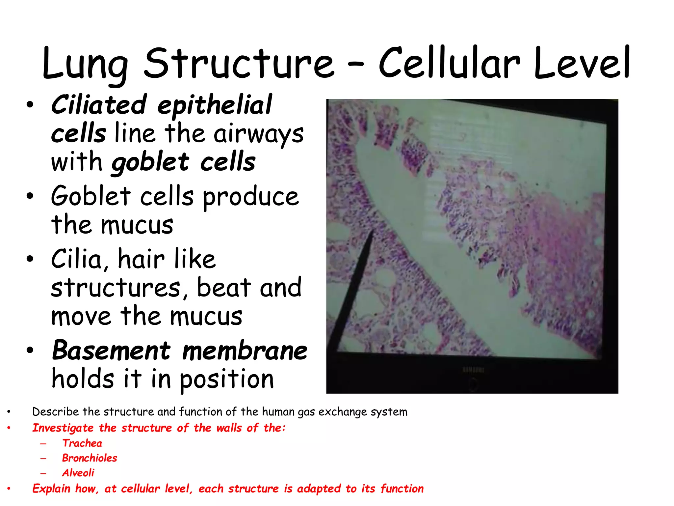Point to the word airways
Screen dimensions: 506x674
click(258, 134)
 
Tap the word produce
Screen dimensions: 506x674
click(251, 197)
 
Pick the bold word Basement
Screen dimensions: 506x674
click(111, 351)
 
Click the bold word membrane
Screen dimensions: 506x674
click(245, 351)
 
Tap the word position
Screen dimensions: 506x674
click(226, 379)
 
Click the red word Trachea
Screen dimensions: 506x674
click(82, 443)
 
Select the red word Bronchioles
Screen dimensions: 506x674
click(90, 458)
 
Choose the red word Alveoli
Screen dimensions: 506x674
click(78, 473)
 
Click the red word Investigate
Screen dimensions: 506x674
click(63, 428)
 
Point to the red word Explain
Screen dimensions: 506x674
click(51, 488)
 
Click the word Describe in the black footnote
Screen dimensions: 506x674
click(55, 412)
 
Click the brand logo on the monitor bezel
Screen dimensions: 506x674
click(473, 370)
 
